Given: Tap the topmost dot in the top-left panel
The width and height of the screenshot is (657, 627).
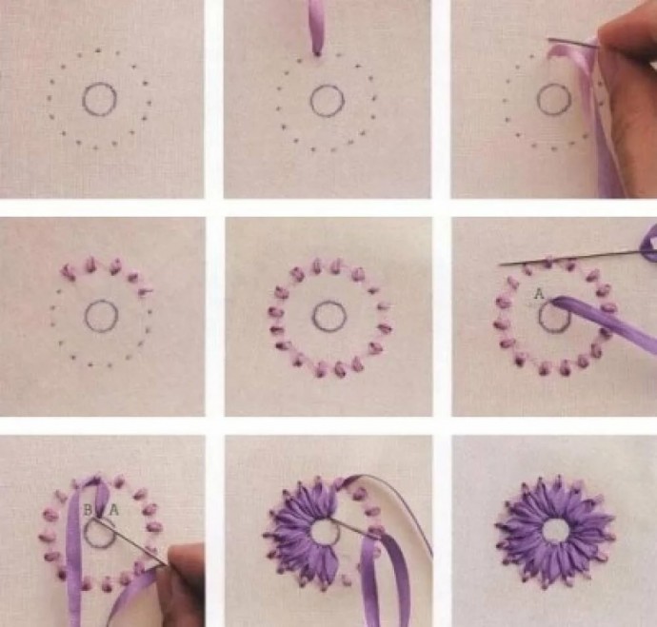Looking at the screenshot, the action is click(98, 51).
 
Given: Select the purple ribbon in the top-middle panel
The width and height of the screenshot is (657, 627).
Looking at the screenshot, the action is click(316, 28).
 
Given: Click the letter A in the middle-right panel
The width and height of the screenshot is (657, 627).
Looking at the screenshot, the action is click(539, 294).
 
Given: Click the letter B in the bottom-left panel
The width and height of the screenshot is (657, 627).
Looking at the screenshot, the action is click(88, 510).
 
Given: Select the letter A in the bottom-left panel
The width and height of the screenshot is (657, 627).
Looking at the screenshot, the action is click(114, 510).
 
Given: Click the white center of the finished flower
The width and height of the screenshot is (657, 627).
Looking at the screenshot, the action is click(555, 530).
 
